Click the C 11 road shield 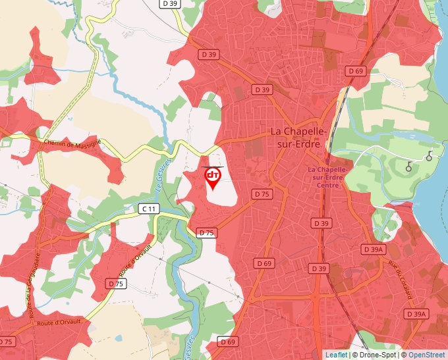click(x=150, y=209)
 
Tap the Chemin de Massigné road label click(x=72, y=143)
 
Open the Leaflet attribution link click(x=336, y=355)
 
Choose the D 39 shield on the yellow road click(x=170, y=4)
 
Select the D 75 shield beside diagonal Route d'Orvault click(x=115, y=283)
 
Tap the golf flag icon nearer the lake click(x=430, y=156)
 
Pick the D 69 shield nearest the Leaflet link click(x=227, y=342)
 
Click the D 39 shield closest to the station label click(x=321, y=224)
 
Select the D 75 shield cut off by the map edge click(x=6, y=342)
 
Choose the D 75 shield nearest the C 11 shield click(x=206, y=233)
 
